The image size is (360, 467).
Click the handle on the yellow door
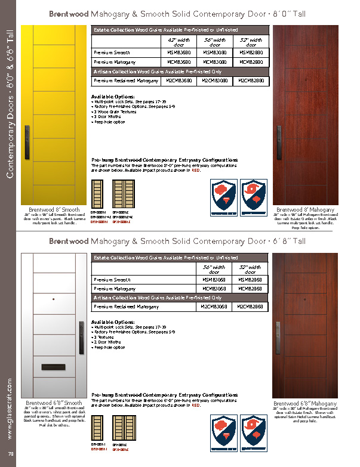point(27,141)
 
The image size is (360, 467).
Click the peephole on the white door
point(54,299)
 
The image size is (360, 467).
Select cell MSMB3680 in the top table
point(179,52)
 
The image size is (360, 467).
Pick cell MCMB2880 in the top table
point(251,61)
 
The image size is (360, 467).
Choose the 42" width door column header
point(179,42)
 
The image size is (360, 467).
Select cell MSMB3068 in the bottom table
point(214,279)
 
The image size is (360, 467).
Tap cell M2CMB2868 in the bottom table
point(251,307)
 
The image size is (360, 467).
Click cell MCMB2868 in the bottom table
point(251,288)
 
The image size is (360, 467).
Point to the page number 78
point(10,456)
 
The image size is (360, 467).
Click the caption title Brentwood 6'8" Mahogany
point(304,404)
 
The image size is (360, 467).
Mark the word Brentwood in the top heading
point(69,13)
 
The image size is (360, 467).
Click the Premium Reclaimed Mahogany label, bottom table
point(127,307)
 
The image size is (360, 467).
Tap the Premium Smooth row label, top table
point(112,52)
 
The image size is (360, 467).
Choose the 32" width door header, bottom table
point(251,268)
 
